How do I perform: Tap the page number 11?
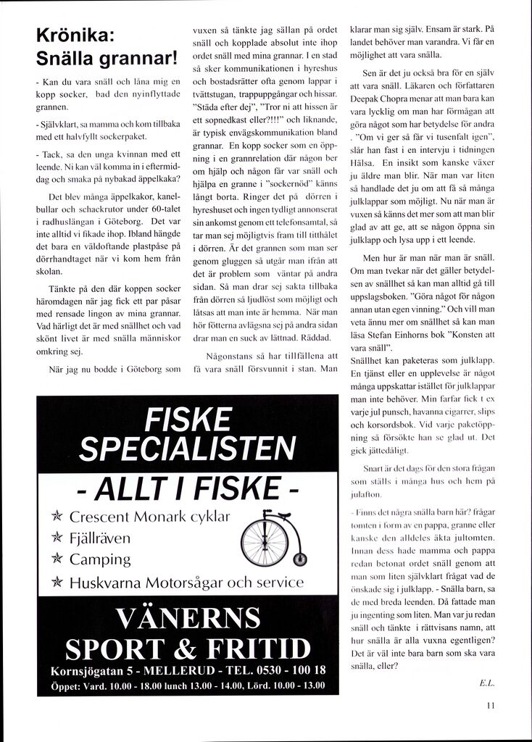(x=491, y=703)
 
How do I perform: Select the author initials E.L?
(x=486, y=682)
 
